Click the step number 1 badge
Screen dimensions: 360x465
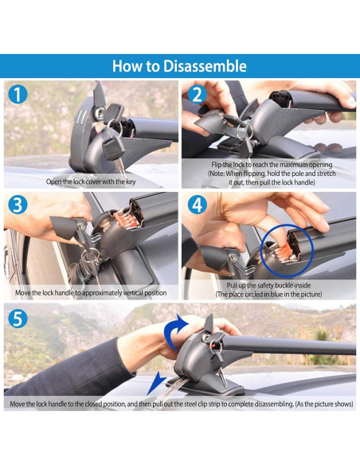pyautogui.click(x=18, y=94)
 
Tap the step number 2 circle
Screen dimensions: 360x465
pyautogui.click(x=198, y=96)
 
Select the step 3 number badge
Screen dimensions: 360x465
pyautogui.click(x=18, y=205)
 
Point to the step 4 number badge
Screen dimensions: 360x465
pyautogui.click(x=198, y=205)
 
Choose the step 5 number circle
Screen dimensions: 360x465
pyautogui.click(x=18, y=318)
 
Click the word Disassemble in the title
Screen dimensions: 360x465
pyautogui.click(x=205, y=65)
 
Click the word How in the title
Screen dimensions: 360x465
pyautogui.click(x=127, y=66)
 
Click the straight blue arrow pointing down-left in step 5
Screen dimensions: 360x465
pyautogui.click(x=157, y=383)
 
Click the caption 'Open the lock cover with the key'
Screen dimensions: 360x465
pyautogui.click(x=91, y=182)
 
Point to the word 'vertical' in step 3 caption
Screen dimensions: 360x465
pyautogui.click(x=131, y=293)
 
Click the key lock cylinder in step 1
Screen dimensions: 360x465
pyautogui.click(x=98, y=112)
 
